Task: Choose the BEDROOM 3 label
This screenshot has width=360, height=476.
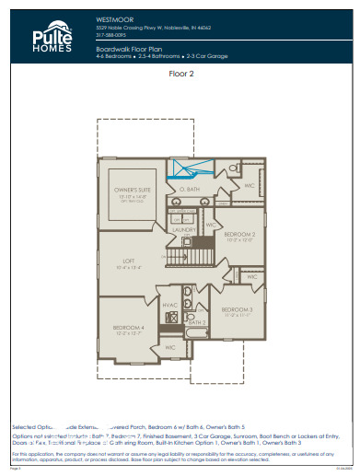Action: coord(237,309)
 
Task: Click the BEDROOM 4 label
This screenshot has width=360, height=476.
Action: coord(129,328)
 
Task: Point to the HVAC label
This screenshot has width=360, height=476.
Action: coord(170,305)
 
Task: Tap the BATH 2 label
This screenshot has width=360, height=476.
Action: coord(195,323)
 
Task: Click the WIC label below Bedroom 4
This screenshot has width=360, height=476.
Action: coord(169,349)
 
